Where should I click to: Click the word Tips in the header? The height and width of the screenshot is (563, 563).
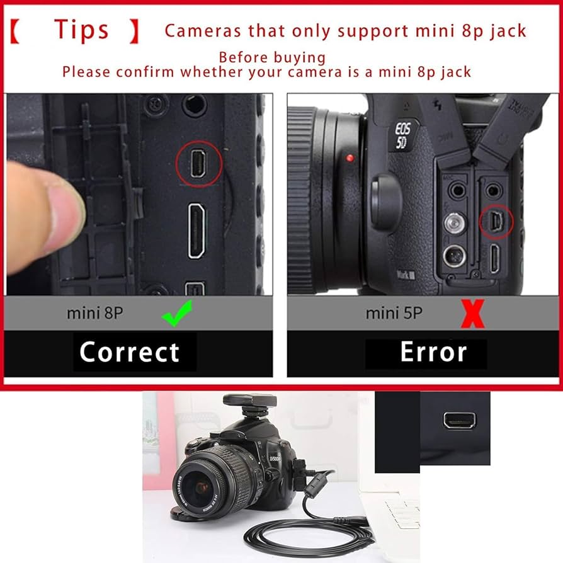point(81,30)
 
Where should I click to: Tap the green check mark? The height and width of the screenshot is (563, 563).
point(176,313)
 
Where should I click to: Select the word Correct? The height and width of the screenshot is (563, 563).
point(129,352)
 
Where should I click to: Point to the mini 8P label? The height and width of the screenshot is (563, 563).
point(96,312)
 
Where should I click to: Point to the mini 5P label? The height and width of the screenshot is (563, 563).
point(394,312)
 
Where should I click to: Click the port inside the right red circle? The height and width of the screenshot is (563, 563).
point(495,221)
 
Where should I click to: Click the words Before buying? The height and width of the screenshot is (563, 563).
point(272,57)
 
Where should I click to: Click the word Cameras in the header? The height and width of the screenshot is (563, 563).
point(203,30)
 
